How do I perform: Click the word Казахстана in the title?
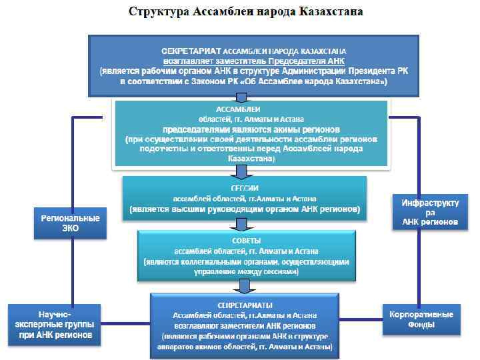tap(331, 13)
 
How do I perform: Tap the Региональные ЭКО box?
tap(71, 223)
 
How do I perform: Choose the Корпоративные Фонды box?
tap(421, 319)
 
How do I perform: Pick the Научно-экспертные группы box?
tap(54, 325)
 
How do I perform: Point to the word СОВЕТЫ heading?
tap(245, 240)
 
